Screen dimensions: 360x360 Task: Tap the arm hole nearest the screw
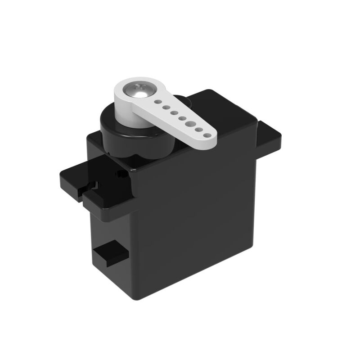(x=157, y=102)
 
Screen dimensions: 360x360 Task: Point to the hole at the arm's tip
(x=207, y=134)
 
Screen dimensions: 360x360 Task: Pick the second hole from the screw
(x=165, y=108)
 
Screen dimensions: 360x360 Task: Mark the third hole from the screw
(x=173, y=112)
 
